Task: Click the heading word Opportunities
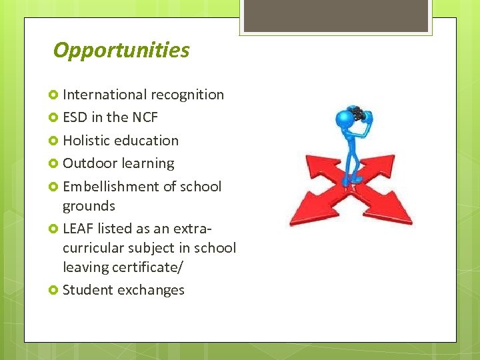121,51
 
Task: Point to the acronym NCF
145,117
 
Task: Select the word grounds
89,207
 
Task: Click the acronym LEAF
78,229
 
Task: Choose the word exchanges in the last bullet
152,290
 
